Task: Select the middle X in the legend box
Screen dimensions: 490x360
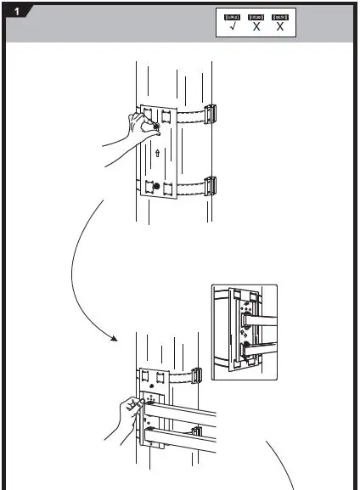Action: (256, 28)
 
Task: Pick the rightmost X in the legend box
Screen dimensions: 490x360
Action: (279, 28)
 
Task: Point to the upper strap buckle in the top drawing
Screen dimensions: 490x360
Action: (212, 113)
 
